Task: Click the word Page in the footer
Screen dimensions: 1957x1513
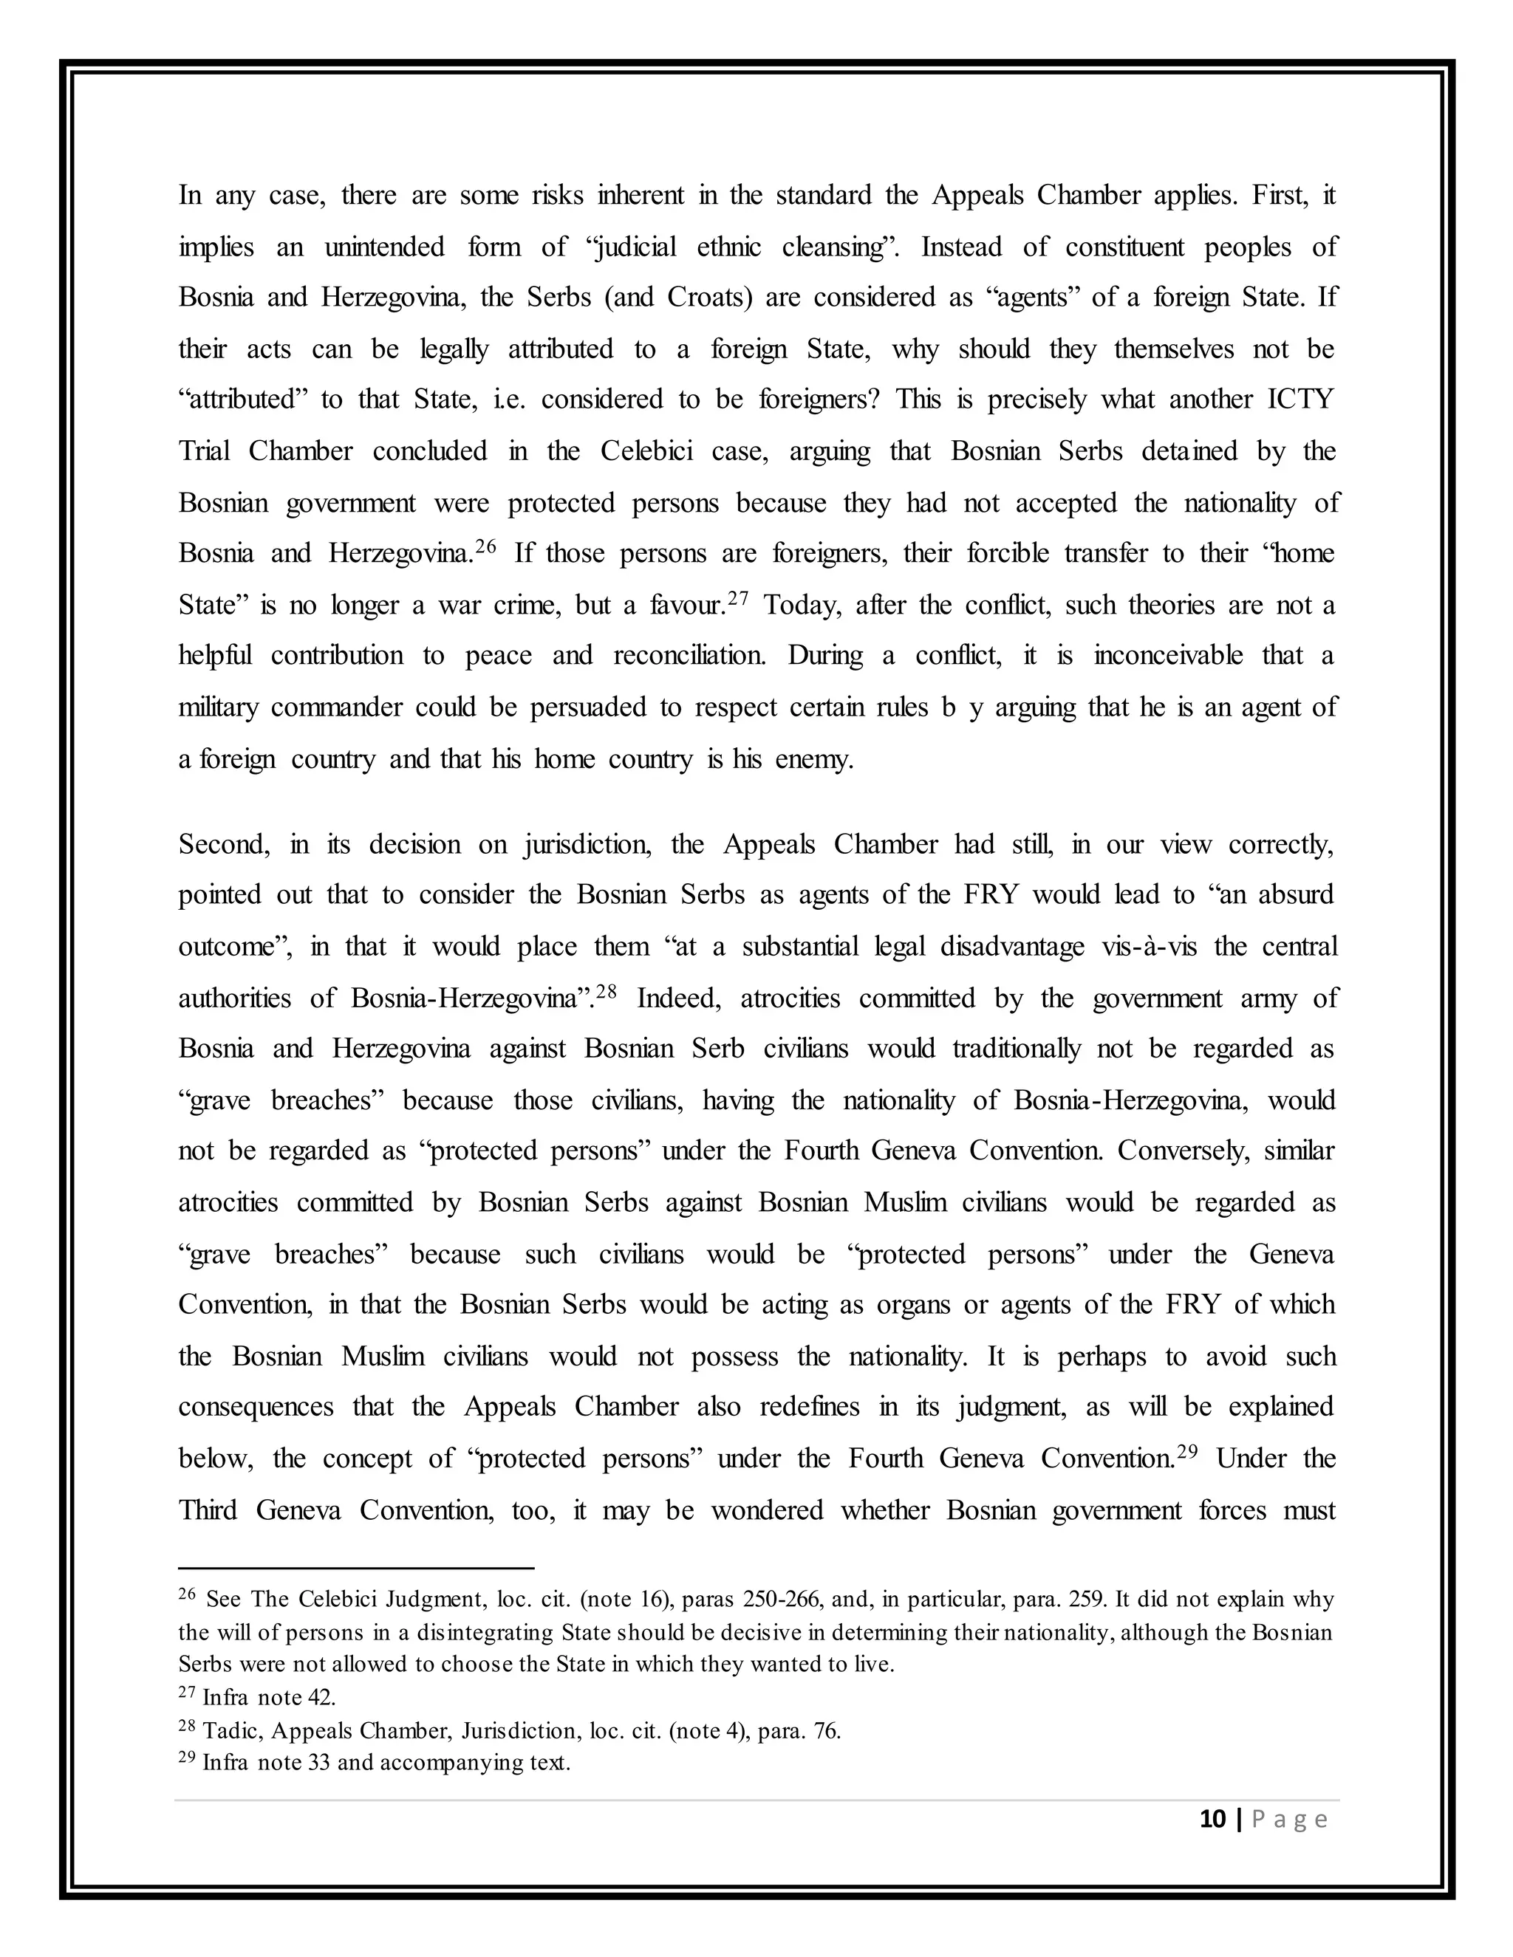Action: point(1289,1819)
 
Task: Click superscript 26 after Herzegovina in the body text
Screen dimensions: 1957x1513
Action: point(485,546)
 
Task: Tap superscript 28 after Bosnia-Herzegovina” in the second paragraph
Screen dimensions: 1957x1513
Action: point(607,991)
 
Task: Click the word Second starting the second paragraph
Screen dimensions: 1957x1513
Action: point(223,844)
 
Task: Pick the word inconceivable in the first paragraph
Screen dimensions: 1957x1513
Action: point(1168,655)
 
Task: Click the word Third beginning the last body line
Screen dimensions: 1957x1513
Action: point(207,1510)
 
